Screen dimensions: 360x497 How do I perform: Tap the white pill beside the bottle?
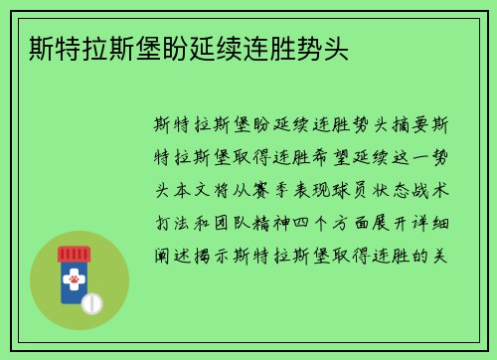93,301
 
